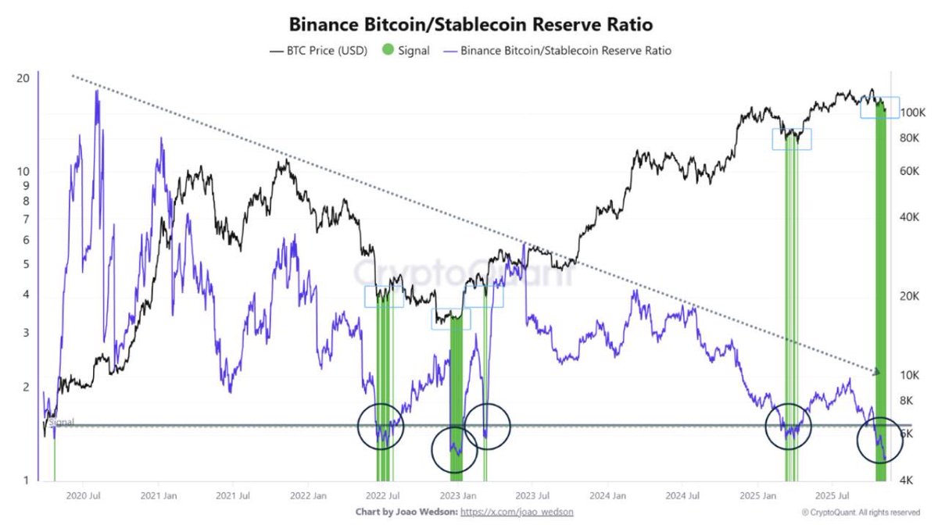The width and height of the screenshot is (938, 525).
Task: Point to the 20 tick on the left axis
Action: pyautogui.click(x=23, y=78)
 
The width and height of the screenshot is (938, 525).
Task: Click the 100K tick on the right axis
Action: pyautogui.click(x=911, y=112)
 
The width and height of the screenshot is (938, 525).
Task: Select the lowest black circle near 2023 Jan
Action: pyautogui.click(x=454, y=449)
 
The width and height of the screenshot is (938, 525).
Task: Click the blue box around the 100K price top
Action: pyautogui.click(x=879, y=107)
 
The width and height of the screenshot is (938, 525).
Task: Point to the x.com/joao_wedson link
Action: pyautogui.click(x=517, y=512)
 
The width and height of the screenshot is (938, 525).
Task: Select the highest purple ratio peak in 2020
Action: pyautogui.click(x=97, y=92)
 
